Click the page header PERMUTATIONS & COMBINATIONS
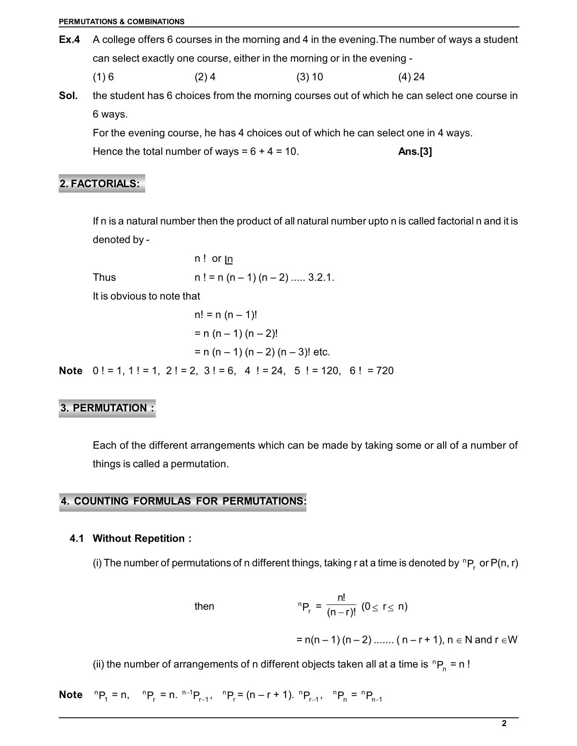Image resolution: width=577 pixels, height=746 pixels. point(122,22)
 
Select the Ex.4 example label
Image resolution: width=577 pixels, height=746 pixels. point(69,40)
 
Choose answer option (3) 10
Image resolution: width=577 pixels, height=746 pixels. point(310,77)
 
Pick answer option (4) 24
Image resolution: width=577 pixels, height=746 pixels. point(411,77)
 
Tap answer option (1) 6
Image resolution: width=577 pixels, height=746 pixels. point(103,77)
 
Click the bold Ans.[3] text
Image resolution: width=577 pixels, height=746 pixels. point(415,152)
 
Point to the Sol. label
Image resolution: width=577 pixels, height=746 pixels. point(68,96)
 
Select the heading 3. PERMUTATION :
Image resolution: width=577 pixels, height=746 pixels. point(107,408)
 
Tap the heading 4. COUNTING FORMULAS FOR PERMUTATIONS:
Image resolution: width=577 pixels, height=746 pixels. point(183,501)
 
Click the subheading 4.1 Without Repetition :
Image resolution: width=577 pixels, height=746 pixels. point(131,538)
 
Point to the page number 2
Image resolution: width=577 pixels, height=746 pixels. point(504,723)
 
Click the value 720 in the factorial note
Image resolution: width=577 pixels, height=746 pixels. point(385,371)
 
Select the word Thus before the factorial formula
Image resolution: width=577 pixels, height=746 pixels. point(104,278)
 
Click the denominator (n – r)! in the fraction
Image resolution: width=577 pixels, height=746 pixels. point(341,613)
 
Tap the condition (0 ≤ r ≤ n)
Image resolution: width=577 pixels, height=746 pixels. point(384,607)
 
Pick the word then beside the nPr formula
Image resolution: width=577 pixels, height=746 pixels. point(204,606)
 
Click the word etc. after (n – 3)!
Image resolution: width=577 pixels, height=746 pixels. point(321,352)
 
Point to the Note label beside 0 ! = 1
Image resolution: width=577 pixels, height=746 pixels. point(71,371)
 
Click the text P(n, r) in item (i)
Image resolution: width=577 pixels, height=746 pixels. point(505,563)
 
